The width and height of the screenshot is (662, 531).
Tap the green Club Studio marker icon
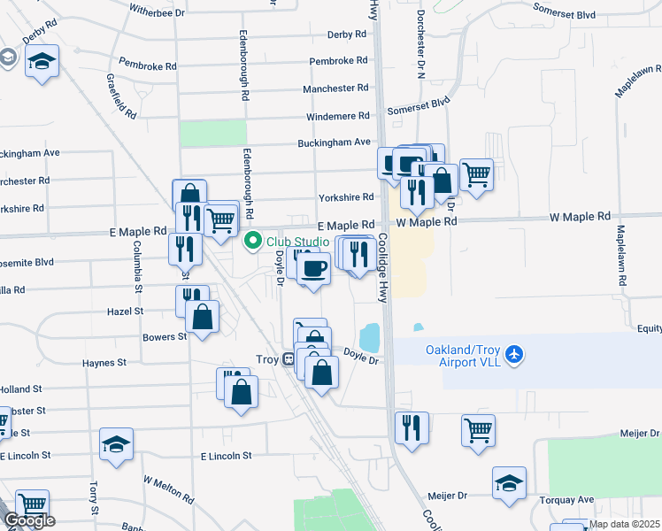tap(253, 241)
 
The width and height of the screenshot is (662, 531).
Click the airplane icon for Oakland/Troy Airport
tap(515, 356)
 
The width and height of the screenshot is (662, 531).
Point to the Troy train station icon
tap(289, 359)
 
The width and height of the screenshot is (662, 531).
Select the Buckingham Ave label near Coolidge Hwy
tap(339, 142)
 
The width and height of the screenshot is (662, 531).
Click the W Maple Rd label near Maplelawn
tap(580, 216)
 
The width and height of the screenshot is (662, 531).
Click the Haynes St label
tap(105, 363)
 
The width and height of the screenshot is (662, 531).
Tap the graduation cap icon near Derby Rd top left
tap(42, 61)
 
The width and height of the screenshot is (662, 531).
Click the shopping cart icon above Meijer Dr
tap(478, 431)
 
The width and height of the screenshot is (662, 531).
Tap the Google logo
tap(28, 520)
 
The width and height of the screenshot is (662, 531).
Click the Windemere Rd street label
tap(338, 116)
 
